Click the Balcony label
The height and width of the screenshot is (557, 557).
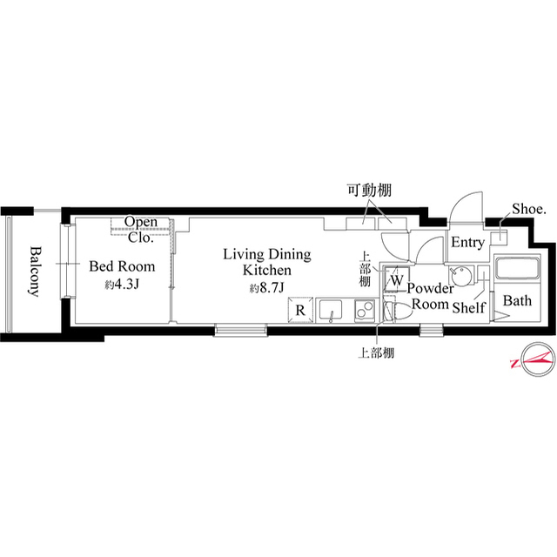click(34, 271)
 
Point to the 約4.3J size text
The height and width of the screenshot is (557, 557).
click(122, 285)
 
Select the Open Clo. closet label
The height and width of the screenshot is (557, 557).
click(139, 228)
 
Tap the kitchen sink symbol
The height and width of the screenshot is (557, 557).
click(332, 310)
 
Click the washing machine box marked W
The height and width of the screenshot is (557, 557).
click(395, 281)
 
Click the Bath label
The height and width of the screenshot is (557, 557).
click(517, 302)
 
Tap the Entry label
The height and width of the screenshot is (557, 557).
click(466, 244)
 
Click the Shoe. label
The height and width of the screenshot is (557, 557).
click(527, 210)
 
